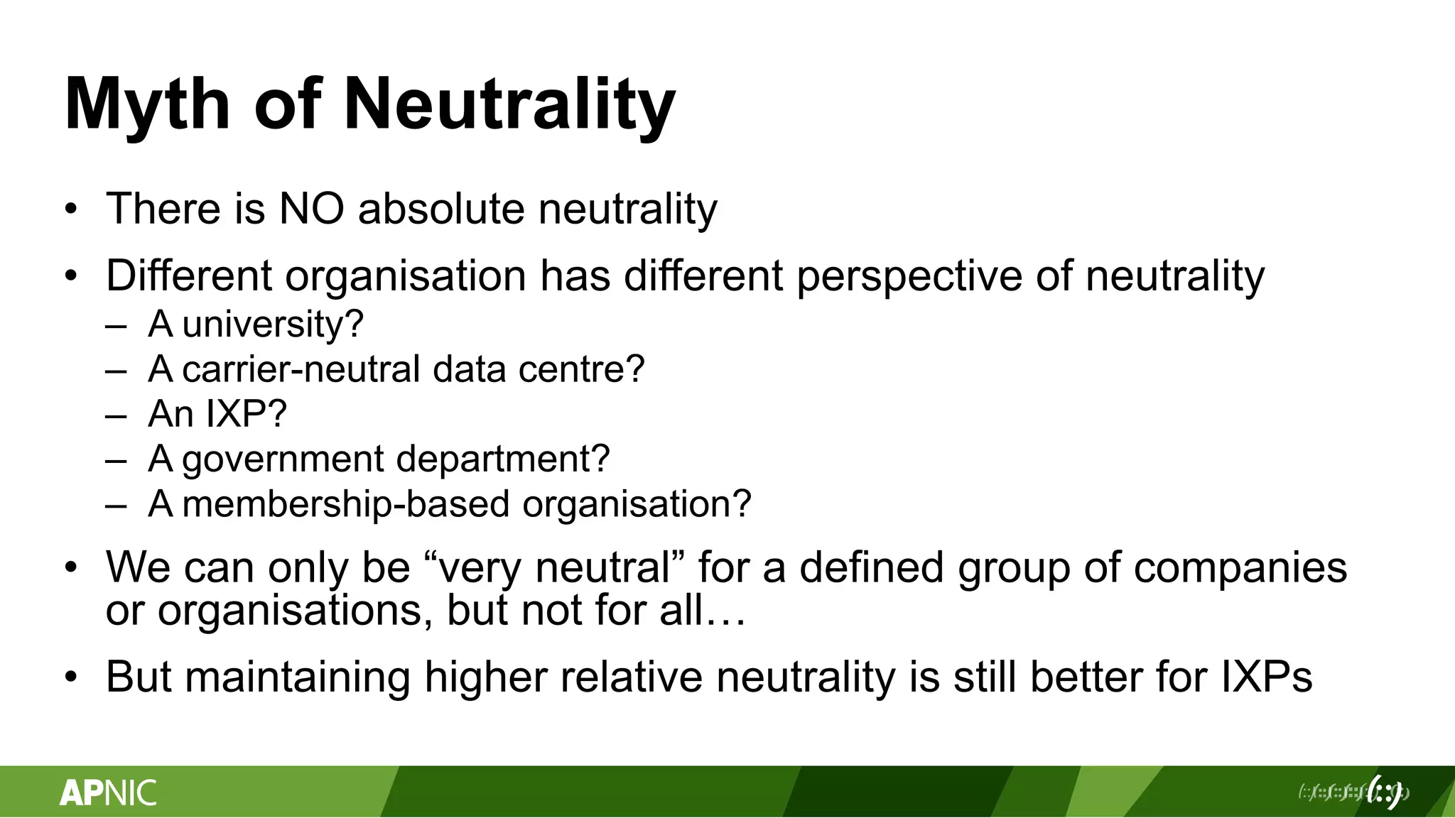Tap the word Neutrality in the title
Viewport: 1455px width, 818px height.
(x=509, y=104)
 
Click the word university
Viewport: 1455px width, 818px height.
(x=273, y=325)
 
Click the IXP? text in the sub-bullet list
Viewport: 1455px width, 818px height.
(x=246, y=414)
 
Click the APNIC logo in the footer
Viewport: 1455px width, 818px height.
(x=108, y=792)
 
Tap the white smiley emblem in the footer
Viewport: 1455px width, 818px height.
(x=1385, y=792)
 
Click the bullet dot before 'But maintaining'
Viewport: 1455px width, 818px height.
(x=70, y=677)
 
